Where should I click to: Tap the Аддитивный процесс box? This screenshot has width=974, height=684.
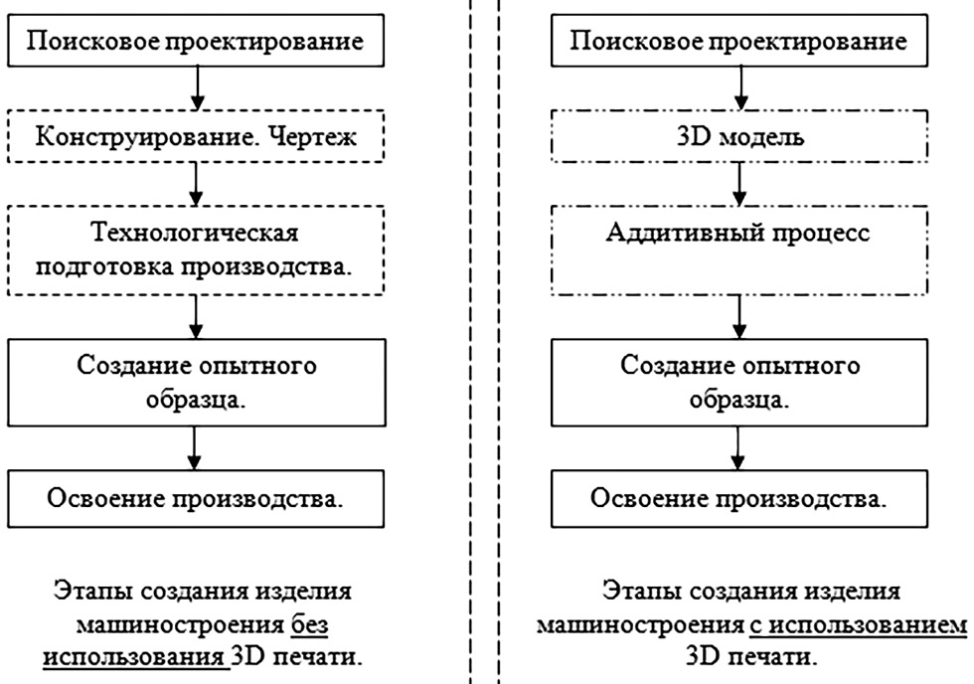click(738, 251)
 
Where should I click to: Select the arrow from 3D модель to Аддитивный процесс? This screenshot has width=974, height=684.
click(738, 185)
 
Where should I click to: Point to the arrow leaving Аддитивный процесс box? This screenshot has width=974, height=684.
click(738, 316)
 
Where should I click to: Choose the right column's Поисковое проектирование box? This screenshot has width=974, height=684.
click(738, 42)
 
